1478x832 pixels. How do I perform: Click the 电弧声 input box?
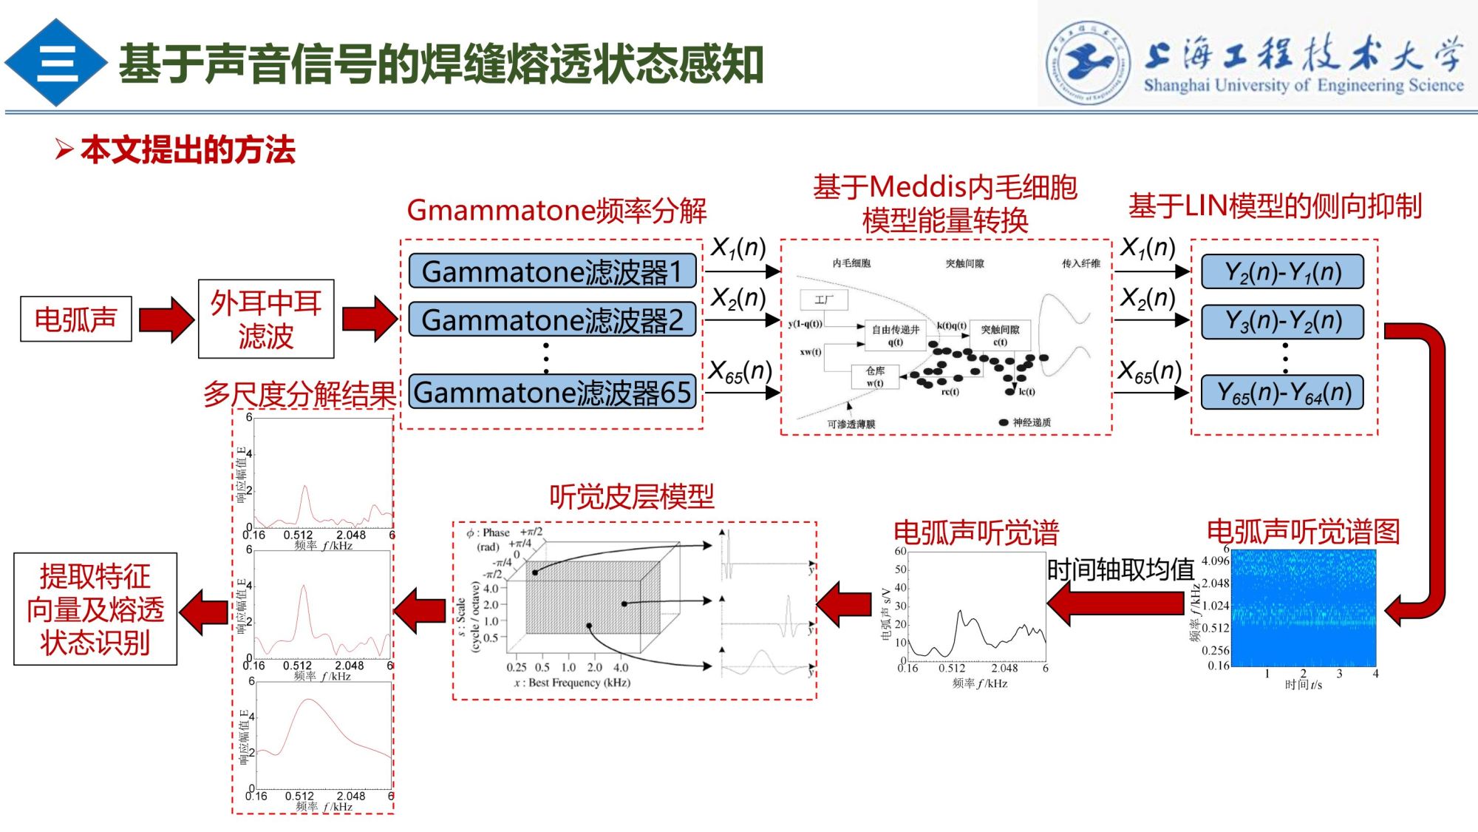(75, 319)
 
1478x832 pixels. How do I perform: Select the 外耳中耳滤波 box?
(266, 319)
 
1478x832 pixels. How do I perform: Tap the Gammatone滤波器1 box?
(552, 271)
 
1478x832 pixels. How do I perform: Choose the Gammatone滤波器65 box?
(552, 392)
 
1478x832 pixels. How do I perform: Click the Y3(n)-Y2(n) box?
(1282, 321)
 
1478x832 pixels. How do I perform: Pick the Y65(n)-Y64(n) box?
(1282, 392)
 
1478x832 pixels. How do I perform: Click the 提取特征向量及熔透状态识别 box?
(95, 609)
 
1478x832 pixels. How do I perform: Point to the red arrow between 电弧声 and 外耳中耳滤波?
(166, 319)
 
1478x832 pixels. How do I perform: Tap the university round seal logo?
(1087, 61)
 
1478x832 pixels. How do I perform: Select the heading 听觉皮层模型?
(632, 496)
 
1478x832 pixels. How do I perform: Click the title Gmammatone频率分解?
(556, 211)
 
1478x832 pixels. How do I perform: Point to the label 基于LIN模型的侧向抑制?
(1275, 206)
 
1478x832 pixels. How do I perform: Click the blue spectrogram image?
(1304, 608)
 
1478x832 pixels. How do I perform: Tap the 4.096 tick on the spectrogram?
(1215, 561)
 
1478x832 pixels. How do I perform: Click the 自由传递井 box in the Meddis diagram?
(895, 335)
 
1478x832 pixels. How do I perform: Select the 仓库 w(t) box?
(875, 376)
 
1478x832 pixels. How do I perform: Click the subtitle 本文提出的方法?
(188, 150)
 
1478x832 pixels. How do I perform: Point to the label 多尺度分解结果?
(299, 394)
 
